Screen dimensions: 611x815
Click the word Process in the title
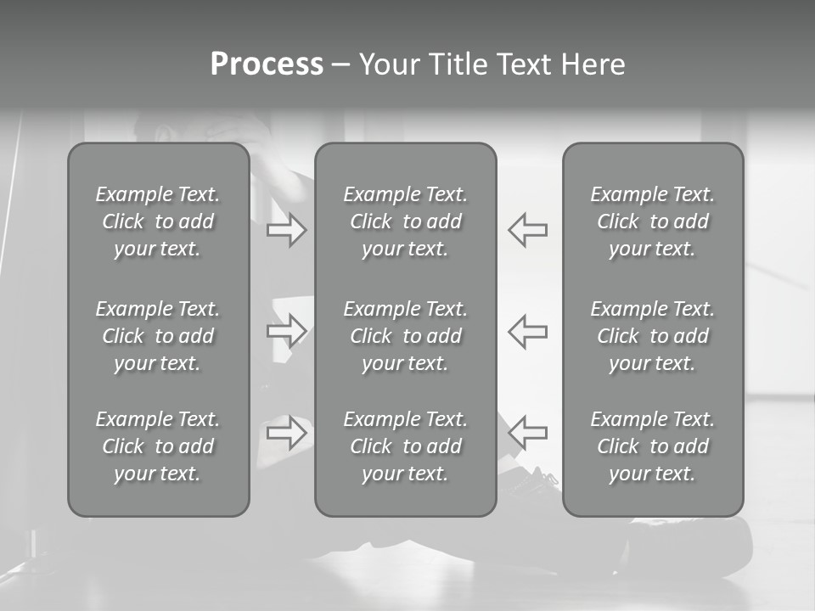click(267, 64)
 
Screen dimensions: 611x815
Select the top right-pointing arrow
click(287, 230)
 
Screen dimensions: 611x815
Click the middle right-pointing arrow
click(287, 330)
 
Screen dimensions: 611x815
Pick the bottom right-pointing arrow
click(287, 432)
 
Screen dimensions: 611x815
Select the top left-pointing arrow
click(528, 230)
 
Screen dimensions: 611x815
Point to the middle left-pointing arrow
click(528, 330)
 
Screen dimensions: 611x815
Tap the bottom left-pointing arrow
click(528, 432)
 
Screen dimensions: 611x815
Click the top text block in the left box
click(158, 221)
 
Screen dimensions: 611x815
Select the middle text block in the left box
click(158, 336)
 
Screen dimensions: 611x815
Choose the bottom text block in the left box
click(158, 446)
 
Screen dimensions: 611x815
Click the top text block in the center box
click(406, 221)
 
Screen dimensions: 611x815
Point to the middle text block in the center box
click(406, 336)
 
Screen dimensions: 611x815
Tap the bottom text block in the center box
click(406, 446)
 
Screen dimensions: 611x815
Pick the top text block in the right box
click(653, 221)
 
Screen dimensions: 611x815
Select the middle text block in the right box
click(653, 336)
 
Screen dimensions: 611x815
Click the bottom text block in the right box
click(653, 446)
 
